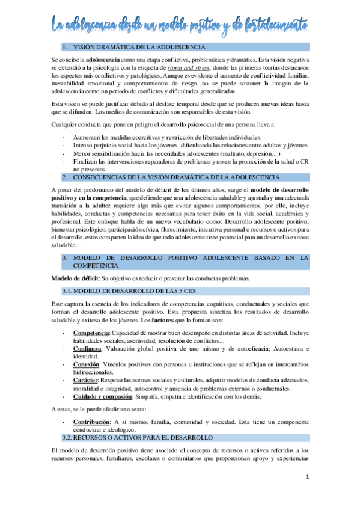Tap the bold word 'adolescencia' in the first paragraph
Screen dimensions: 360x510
(103, 60)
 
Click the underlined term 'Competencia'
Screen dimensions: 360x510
(91, 333)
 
